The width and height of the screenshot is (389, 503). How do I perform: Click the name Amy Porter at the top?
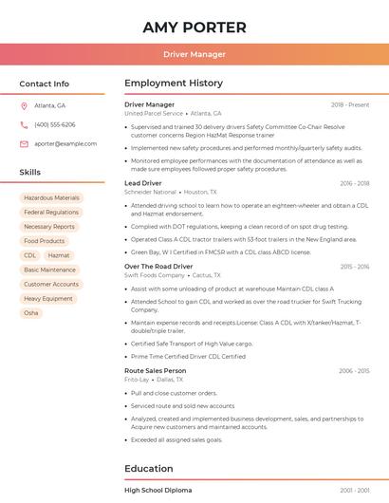(194, 28)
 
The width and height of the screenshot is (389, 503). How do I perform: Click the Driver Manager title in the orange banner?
(194, 54)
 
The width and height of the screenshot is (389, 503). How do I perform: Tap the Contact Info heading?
(45, 84)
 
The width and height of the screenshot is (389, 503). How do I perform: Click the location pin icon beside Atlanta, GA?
(24, 105)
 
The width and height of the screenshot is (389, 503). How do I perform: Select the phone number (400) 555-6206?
(55, 124)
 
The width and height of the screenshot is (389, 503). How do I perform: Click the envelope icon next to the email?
(24, 144)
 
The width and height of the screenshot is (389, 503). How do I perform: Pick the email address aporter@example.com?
(65, 144)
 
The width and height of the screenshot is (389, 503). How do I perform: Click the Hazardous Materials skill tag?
(52, 198)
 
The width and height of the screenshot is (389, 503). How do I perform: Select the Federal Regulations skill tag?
(51, 213)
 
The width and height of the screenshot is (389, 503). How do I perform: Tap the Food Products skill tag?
(45, 241)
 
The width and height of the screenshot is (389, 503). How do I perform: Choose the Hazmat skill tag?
(59, 255)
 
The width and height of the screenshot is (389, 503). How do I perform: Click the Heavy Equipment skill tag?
(48, 298)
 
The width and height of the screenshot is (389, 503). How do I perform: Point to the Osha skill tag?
(31, 312)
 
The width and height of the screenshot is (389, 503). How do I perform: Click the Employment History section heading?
(174, 84)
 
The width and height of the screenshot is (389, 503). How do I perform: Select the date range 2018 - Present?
(350, 104)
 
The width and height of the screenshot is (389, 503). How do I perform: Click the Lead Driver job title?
(143, 183)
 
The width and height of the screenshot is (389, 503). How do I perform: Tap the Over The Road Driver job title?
(158, 267)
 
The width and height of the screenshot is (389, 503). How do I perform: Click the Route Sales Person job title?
(156, 370)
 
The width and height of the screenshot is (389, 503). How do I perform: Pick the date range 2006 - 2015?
(354, 371)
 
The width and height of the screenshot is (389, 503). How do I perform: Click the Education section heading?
(149, 468)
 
